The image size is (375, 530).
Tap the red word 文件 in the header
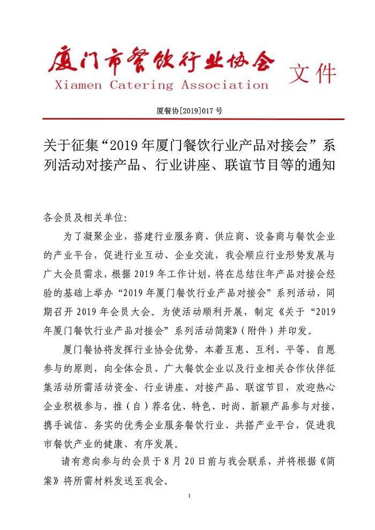click(x=312, y=74)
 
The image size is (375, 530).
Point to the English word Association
click(x=224, y=85)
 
